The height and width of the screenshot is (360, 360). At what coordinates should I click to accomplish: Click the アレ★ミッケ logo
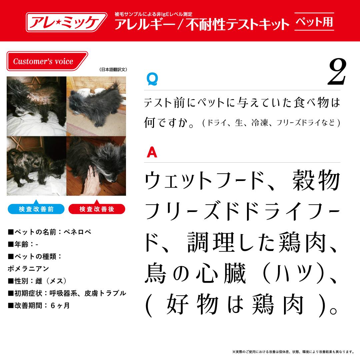click(66, 22)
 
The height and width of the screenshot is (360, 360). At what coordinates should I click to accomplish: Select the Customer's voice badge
click(47, 61)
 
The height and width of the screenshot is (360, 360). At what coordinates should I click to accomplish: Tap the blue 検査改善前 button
click(36, 209)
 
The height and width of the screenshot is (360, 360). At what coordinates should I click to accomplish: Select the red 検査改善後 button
click(97, 209)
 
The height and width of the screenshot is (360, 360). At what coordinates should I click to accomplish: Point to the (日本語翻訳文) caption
click(113, 70)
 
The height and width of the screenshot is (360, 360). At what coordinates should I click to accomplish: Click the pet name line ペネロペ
click(49, 232)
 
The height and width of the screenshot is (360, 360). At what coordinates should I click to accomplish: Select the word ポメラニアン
click(28, 268)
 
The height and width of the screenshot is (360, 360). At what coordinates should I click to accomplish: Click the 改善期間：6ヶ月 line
click(39, 305)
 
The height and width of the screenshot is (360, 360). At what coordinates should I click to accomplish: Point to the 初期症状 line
click(67, 293)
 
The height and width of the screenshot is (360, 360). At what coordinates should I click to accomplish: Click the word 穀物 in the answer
click(316, 181)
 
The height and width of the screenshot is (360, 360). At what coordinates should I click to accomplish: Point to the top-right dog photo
click(96, 106)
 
